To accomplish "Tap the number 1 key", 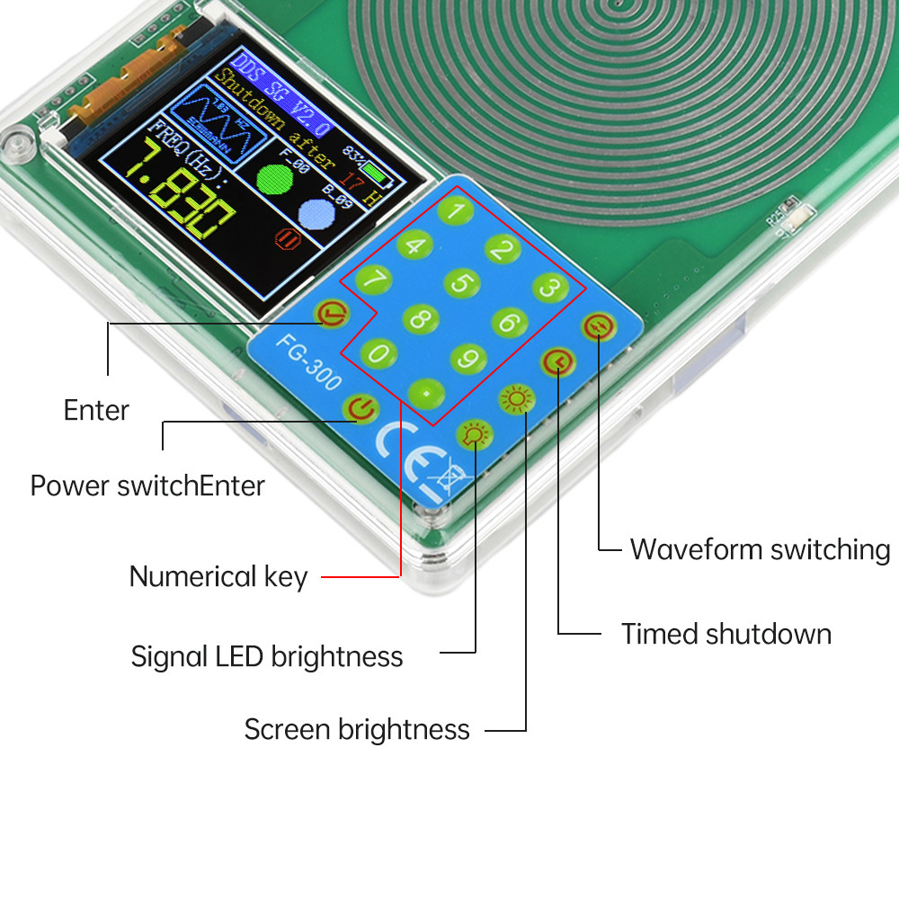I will [x=458, y=212].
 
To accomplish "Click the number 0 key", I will [x=378, y=353].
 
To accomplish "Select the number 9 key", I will [x=467, y=359].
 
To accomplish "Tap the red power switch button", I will [x=360, y=409].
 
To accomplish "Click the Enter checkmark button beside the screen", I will [x=333, y=314].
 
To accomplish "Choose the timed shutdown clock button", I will [x=557, y=362].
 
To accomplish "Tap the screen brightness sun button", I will [x=516, y=398].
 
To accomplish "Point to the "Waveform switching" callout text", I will [x=760, y=548].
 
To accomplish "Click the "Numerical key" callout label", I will [x=218, y=576].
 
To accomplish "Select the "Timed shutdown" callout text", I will [x=725, y=634].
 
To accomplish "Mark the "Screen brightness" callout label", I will [x=357, y=729].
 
